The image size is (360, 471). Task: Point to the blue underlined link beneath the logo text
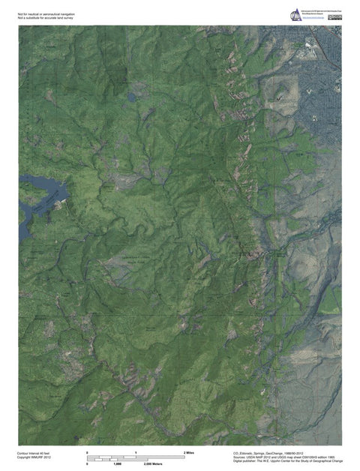pos(314,19)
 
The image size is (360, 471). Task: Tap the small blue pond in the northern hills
pos(132,97)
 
